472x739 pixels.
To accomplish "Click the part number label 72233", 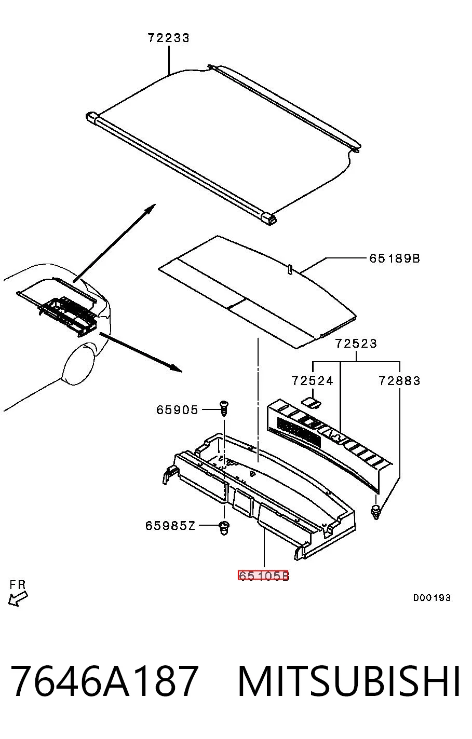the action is [x=168, y=38].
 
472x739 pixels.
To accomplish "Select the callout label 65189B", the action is [x=395, y=258].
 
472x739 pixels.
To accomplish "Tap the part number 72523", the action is [x=356, y=344].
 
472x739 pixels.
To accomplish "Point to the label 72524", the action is [x=312, y=381].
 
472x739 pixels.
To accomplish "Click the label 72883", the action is [x=399, y=381].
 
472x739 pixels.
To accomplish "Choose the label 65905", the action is [x=177, y=410].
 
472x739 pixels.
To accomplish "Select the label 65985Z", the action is [x=170, y=525].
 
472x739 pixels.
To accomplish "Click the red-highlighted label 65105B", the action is [x=263, y=576].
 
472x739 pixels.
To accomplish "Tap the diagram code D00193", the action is [x=431, y=597].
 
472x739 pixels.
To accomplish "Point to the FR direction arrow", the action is [x=18, y=598].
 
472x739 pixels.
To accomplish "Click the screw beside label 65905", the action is [x=224, y=408].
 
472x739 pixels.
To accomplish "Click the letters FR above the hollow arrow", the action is [x=18, y=584].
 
